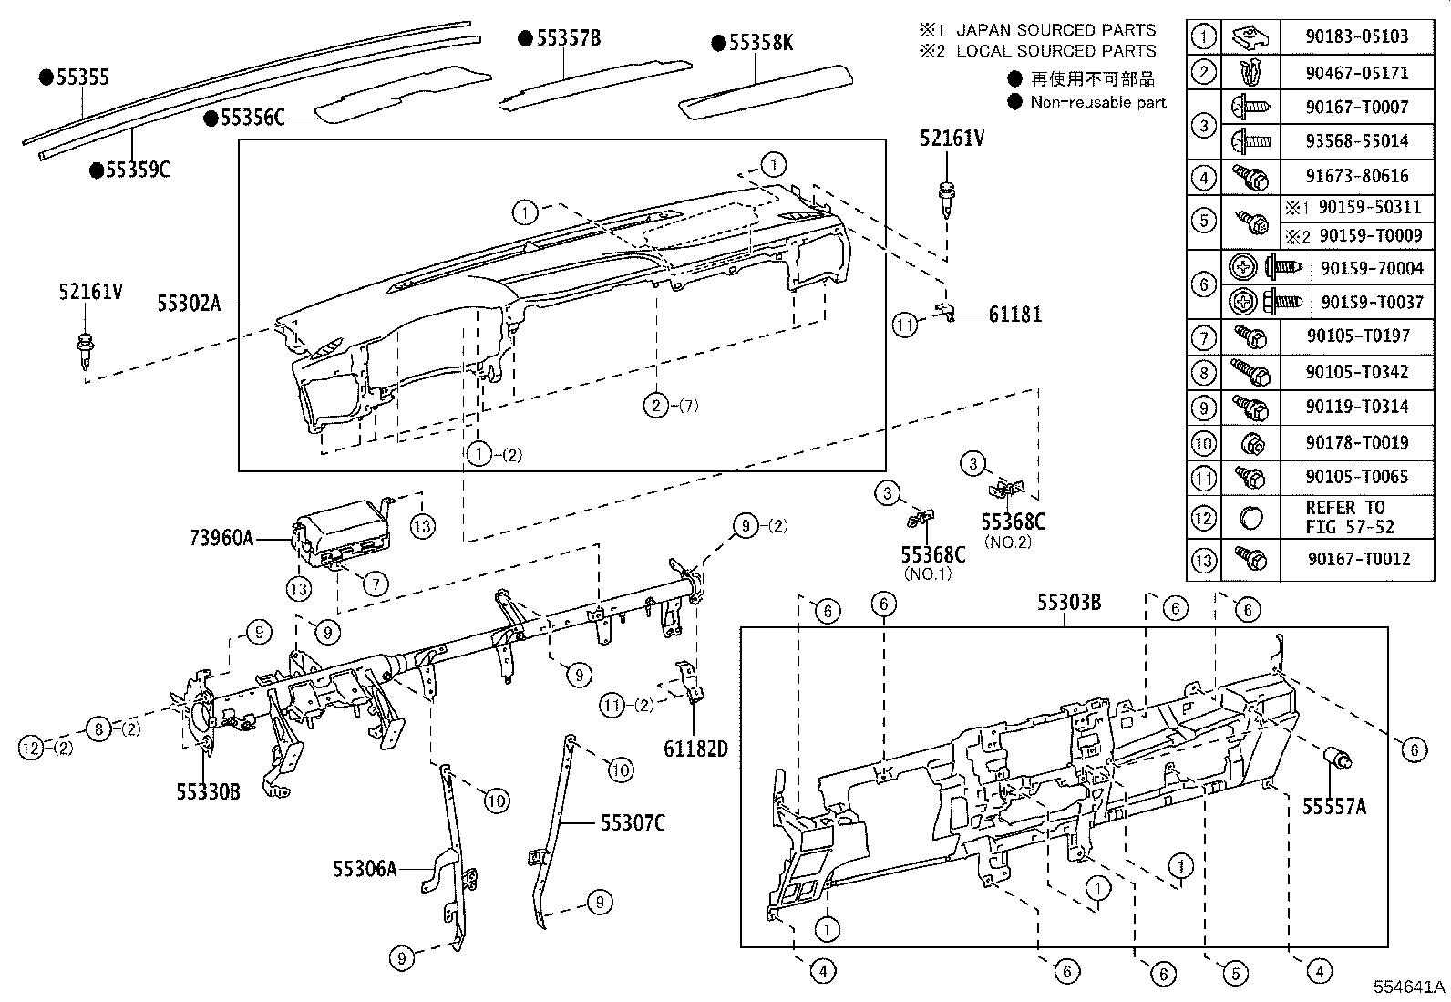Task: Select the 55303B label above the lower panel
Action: (1068, 603)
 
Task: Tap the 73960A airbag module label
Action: (221, 538)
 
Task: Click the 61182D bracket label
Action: (695, 749)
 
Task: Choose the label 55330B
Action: (209, 791)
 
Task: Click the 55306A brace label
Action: (365, 869)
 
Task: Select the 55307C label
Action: (633, 823)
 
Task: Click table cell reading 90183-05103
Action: (1356, 36)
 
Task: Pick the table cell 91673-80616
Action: (1356, 176)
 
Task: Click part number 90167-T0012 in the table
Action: (1356, 559)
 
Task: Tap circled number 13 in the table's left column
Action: (1203, 559)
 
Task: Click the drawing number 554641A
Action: (1410, 987)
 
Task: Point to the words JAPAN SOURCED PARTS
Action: (1055, 30)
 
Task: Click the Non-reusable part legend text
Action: (1097, 102)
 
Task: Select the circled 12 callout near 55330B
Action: (31, 748)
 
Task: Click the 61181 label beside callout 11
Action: (1014, 315)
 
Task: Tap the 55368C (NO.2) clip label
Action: (1013, 522)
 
